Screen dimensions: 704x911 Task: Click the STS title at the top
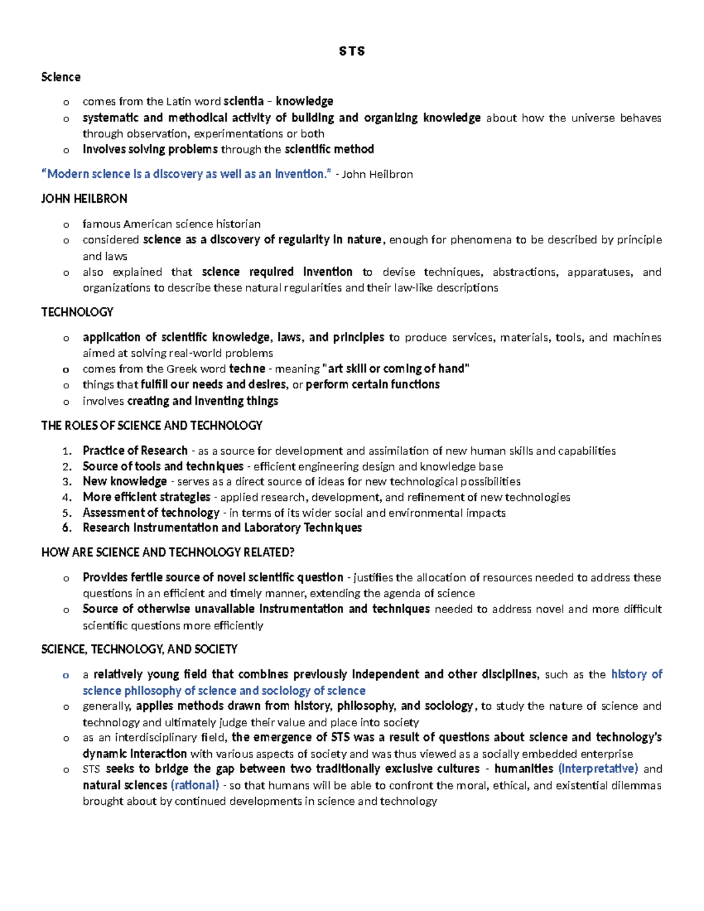(351, 52)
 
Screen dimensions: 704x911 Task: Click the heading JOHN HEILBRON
(84, 199)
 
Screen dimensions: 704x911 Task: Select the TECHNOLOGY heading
(77, 312)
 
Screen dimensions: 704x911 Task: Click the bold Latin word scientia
(243, 101)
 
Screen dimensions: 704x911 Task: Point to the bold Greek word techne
(247, 369)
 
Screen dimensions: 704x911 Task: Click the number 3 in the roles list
(67, 482)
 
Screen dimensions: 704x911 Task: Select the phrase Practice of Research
(135, 451)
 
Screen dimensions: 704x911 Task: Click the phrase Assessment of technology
(151, 513)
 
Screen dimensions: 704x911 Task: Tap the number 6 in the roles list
(67, 528)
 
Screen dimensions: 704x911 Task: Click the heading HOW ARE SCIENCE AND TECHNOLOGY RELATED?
(167, 553)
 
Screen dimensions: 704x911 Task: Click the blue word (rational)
(195, 785)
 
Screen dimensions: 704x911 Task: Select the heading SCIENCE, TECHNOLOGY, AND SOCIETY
(139, 649)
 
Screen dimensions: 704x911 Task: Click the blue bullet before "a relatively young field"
(66, 675)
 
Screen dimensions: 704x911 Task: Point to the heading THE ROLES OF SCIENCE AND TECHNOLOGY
(151, 425)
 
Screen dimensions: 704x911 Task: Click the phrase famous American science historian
(171, 224)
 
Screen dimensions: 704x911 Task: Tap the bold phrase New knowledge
(124, 482)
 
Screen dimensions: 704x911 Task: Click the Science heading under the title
(60, 77)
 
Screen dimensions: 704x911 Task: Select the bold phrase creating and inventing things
(202, 401)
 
